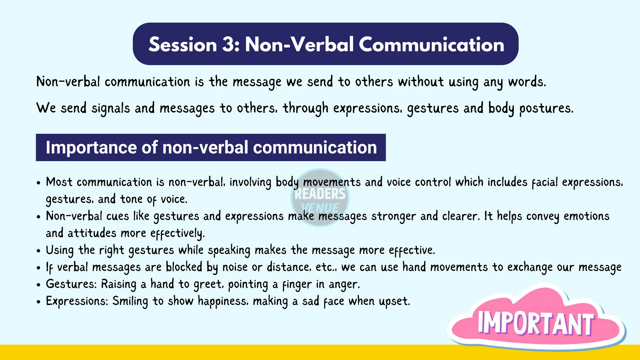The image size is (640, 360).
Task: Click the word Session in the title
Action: pos(182,44)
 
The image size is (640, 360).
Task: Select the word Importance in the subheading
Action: pos(91,147)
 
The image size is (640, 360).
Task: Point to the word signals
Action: pos(110,108)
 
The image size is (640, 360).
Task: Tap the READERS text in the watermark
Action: pos(320,194)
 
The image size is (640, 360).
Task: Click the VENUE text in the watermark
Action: pos(320,208)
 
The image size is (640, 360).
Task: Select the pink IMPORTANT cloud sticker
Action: pos(536,322)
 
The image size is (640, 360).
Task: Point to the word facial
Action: pos(545,182)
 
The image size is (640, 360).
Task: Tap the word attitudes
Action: pos(92,233)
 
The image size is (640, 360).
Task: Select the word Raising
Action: pos(118,284)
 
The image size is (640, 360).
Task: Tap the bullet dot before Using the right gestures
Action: pos(38,251)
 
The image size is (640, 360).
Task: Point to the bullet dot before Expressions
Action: pos(38,302)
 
